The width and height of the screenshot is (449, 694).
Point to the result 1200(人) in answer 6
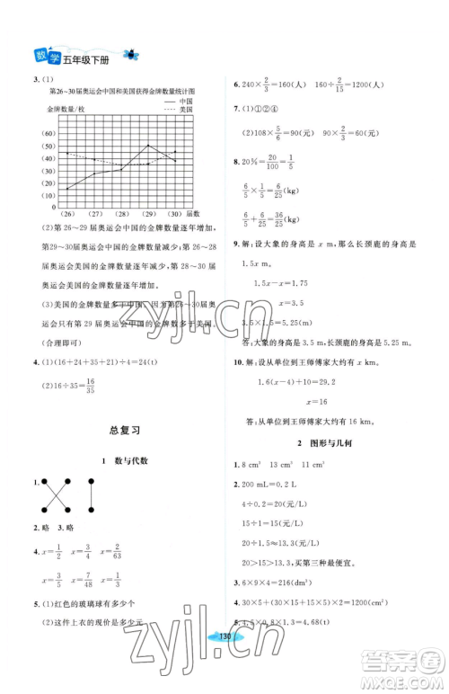[x=365, y=85]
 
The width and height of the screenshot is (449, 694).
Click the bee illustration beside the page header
[x=136, y=55]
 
